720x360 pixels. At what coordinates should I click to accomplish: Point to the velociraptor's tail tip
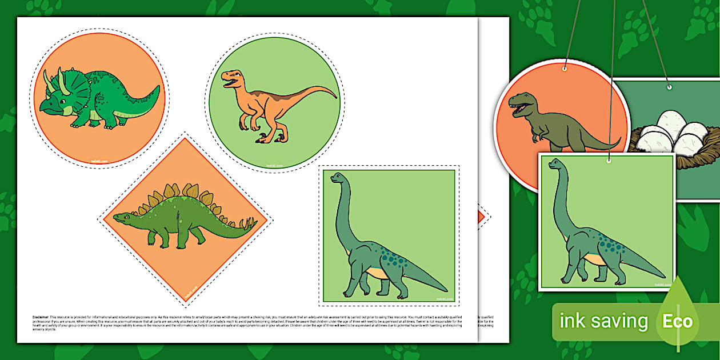tap(335, 94)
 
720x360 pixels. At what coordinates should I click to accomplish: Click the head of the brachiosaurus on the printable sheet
tap(338, 178)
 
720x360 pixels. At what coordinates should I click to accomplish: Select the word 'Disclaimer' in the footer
tap(42, 316)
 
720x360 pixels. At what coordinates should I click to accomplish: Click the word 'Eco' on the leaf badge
tap(677, 321)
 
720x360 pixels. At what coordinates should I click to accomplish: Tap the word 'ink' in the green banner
tap(571, 321)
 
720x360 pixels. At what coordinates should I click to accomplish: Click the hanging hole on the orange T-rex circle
tap(564, 69)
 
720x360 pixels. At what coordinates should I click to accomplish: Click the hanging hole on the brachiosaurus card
tap(609, 162)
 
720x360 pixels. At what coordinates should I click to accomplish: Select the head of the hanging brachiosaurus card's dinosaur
tap(555, 165)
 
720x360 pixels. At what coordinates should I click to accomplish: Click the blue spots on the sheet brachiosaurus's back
tap(389, 257)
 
